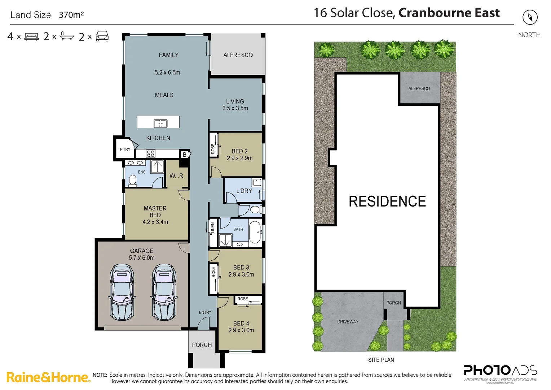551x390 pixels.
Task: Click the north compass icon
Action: pos(530,17)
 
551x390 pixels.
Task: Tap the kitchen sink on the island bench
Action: pos(160,123)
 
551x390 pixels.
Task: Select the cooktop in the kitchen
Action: pos(151,154)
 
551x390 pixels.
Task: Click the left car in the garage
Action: pos(122,292)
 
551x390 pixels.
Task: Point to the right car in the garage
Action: pos(164,292)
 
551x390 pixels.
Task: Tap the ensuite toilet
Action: pos(132,180)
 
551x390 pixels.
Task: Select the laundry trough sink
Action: pos(257,182)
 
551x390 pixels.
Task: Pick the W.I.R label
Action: pos(176,176)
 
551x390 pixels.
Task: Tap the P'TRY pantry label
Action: pos(125,149)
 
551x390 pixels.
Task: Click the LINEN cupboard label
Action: pos(213,228)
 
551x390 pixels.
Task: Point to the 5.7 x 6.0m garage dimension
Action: pos(142,258)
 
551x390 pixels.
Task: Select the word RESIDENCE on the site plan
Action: pos(387,201)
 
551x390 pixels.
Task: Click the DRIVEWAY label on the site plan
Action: pos(348,322)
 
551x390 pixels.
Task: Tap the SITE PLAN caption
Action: pos(381,360)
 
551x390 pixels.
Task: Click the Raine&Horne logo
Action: pos(48,377)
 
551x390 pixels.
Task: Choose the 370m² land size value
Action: pos(71,15)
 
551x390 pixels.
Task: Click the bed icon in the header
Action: pos(31,37)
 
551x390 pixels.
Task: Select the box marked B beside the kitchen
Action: pos(184,155)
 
